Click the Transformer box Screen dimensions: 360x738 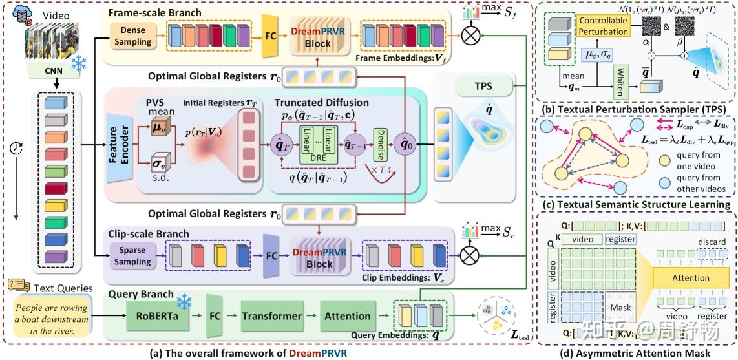pyautogui.click(x=271, y=316)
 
